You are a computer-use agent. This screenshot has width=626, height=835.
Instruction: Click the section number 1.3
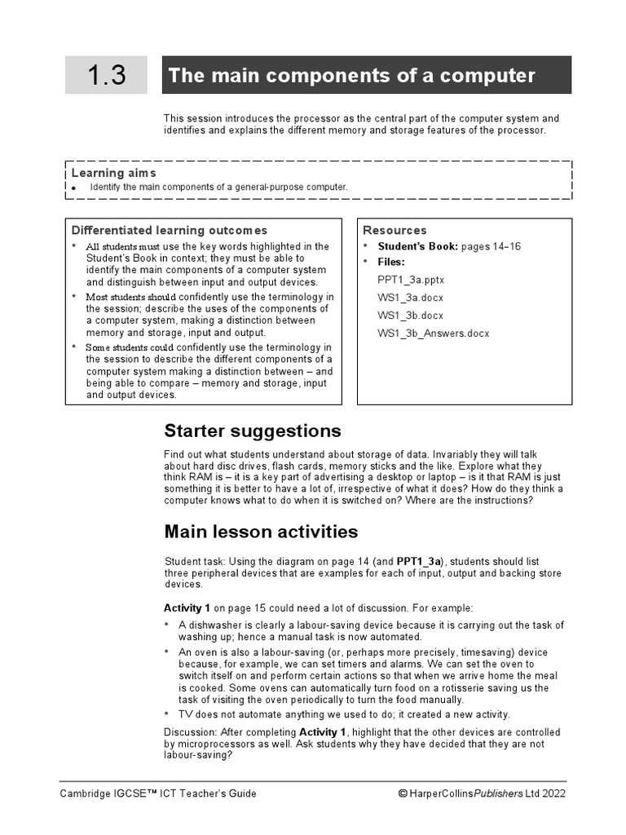[107, 76]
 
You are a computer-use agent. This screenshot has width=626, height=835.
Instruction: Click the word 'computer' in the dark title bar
[492, 76]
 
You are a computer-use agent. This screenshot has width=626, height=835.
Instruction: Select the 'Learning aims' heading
[114, 173]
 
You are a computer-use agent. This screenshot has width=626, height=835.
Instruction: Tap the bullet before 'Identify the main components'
[73, 188]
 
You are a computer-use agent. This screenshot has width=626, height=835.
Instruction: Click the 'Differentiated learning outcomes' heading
[170, 231]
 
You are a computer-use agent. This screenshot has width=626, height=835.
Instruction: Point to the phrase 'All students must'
[123, 246]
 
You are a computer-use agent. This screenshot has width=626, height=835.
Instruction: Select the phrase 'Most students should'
[131, 297]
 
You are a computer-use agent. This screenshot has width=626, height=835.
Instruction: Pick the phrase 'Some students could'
[130, 347]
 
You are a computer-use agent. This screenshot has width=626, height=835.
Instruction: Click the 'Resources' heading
[395, 231]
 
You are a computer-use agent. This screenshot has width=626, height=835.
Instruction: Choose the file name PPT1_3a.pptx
[411, 280]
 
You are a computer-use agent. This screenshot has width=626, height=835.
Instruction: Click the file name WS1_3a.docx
[410, 298]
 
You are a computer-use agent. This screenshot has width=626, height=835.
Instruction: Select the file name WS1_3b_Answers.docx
[434, 333]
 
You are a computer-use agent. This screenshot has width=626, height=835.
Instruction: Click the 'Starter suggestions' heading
[253, 431]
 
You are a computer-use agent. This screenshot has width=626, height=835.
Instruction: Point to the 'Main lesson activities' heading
[261, 532]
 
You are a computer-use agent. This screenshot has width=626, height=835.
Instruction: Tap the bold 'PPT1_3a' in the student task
[419, 562]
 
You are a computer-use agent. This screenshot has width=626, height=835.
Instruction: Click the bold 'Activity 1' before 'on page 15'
[187, 608]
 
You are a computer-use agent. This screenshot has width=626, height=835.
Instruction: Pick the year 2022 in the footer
[553, 793]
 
